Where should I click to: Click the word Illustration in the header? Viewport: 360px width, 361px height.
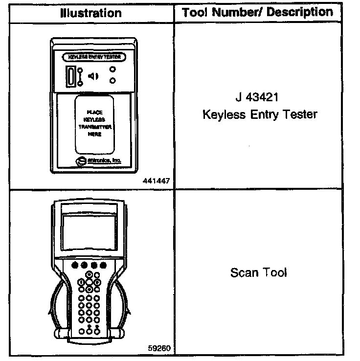90,13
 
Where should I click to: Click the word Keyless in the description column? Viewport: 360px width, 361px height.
223,114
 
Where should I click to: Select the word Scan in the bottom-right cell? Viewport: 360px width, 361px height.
243,272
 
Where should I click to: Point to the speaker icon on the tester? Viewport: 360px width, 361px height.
93,76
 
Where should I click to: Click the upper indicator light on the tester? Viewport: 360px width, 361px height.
113,69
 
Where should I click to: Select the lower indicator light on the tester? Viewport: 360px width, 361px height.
113,81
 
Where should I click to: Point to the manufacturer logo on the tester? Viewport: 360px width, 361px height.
80,160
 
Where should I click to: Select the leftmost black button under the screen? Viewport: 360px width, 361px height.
74,265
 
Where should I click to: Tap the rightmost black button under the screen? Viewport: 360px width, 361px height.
103,265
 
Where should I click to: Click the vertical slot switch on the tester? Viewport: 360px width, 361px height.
72,76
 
